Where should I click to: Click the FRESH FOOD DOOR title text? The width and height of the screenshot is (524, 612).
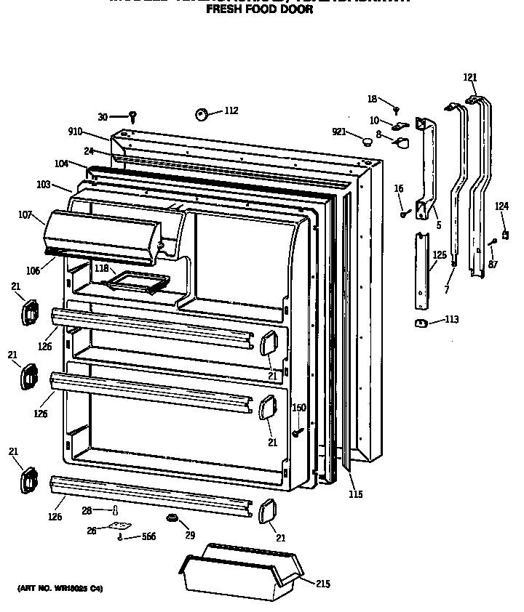click(259, 11)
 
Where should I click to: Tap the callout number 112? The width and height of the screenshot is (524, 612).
click(231, 111)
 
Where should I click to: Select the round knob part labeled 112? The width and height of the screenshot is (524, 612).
click(202, 113)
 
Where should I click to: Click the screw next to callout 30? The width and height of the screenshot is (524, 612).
click(133, 116)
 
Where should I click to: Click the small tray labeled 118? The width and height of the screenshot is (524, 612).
click(135, 281)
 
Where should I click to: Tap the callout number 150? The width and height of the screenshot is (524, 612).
click(298, 408)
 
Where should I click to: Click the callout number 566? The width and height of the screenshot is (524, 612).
click(148, 536)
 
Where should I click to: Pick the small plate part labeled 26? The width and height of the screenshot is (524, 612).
click(119, 527)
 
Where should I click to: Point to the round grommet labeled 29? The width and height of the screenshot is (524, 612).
click(173, 518)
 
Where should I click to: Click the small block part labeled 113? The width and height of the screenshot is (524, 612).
click(421, 323)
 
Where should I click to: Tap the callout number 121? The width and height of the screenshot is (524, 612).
click(470, 78)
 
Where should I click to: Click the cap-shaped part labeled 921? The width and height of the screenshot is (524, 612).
click(368, 138)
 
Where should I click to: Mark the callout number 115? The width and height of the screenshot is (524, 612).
click(354, 495)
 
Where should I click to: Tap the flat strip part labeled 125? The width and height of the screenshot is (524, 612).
click(421, 269)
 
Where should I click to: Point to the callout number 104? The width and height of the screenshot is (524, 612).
click(61, 164)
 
